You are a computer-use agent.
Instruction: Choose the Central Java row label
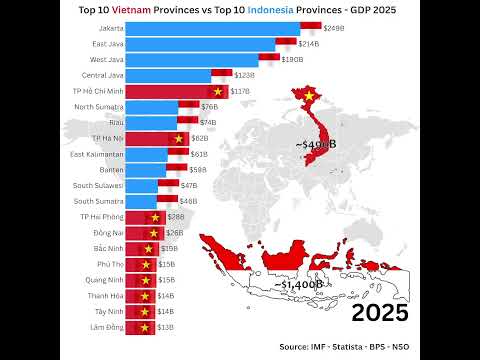pos(103,75)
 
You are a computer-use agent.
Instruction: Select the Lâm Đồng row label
pos(107,327)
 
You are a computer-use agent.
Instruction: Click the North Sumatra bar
pos(152,106)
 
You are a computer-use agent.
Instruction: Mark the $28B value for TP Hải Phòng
pos(176,217)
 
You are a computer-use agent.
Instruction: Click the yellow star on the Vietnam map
pos(310,96)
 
